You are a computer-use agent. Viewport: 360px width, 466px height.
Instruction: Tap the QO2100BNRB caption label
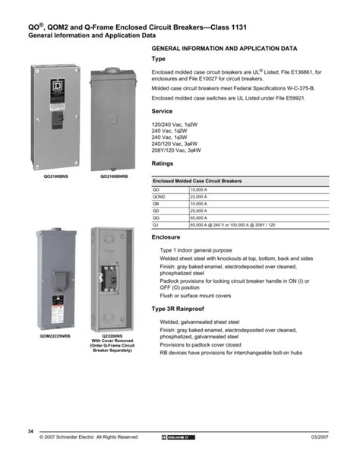112,175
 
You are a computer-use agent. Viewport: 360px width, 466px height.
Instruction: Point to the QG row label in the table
157,217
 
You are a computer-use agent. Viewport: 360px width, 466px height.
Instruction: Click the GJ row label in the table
157,224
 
